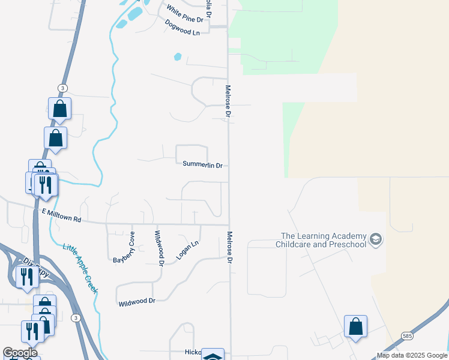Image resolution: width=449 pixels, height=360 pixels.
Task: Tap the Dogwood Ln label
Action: click(x=182, y=27)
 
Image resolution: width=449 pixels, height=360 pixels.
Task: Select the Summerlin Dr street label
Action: click(x=202, y=164)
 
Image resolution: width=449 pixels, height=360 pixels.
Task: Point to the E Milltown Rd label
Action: click(x=61, y=215)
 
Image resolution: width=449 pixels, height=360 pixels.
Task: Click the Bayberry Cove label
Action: click(x=124, y=247)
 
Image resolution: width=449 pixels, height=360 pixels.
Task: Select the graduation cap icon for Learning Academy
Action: click(x=376, y=240)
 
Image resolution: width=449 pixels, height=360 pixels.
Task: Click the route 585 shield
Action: click(x=408, y=336)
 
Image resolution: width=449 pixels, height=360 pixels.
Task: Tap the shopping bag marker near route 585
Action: click(x=355, y=326)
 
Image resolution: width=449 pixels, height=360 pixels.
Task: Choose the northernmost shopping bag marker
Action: click(x=59, y=109)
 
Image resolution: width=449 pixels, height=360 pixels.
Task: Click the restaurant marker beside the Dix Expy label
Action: click(x=26, y=277)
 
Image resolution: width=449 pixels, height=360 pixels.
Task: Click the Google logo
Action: click(x=20, y=353)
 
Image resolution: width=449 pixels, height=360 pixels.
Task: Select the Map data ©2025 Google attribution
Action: click(x=411, y=355)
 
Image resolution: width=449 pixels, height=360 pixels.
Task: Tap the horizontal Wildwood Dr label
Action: click(x=137, y=301)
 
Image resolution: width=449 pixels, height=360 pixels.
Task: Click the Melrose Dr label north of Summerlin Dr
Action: click(x=228, y=100)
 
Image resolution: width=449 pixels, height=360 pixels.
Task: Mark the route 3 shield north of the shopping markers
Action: click(x=62, y=88)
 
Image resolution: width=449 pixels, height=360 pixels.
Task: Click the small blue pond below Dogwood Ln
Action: click(x=177, y=57)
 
